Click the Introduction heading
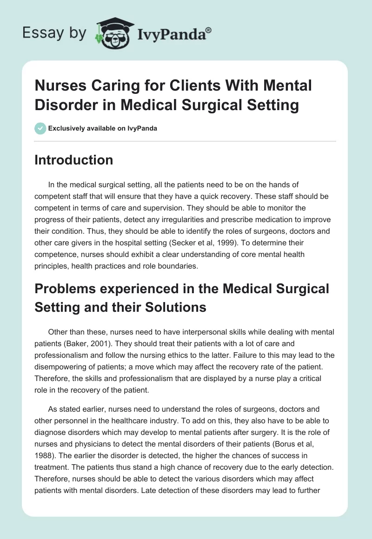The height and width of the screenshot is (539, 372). click(x=73, y=160)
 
